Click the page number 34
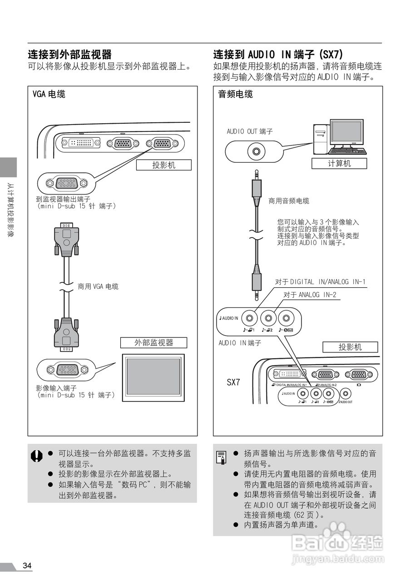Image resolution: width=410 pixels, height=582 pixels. [27, 566]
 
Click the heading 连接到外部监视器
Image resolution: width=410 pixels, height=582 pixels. [70, 55]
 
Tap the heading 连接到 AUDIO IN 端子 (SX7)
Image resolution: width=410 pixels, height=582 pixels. [278, 55]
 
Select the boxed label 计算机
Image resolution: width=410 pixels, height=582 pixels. [339, 163]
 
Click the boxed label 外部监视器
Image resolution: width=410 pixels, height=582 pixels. [153, 342]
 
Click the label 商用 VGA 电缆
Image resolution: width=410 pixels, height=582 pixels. [98, 286]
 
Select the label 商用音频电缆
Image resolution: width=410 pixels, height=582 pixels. [289, 201]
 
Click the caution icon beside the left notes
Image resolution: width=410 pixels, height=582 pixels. [37, 456]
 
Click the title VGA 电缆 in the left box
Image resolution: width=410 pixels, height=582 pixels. [49, 94]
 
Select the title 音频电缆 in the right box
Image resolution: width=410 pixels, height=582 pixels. [236, 94]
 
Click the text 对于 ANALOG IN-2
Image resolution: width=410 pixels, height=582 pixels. [310, 295]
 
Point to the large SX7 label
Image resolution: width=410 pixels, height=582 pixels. [233, 382]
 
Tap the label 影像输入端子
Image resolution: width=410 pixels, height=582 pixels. [56, 388]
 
